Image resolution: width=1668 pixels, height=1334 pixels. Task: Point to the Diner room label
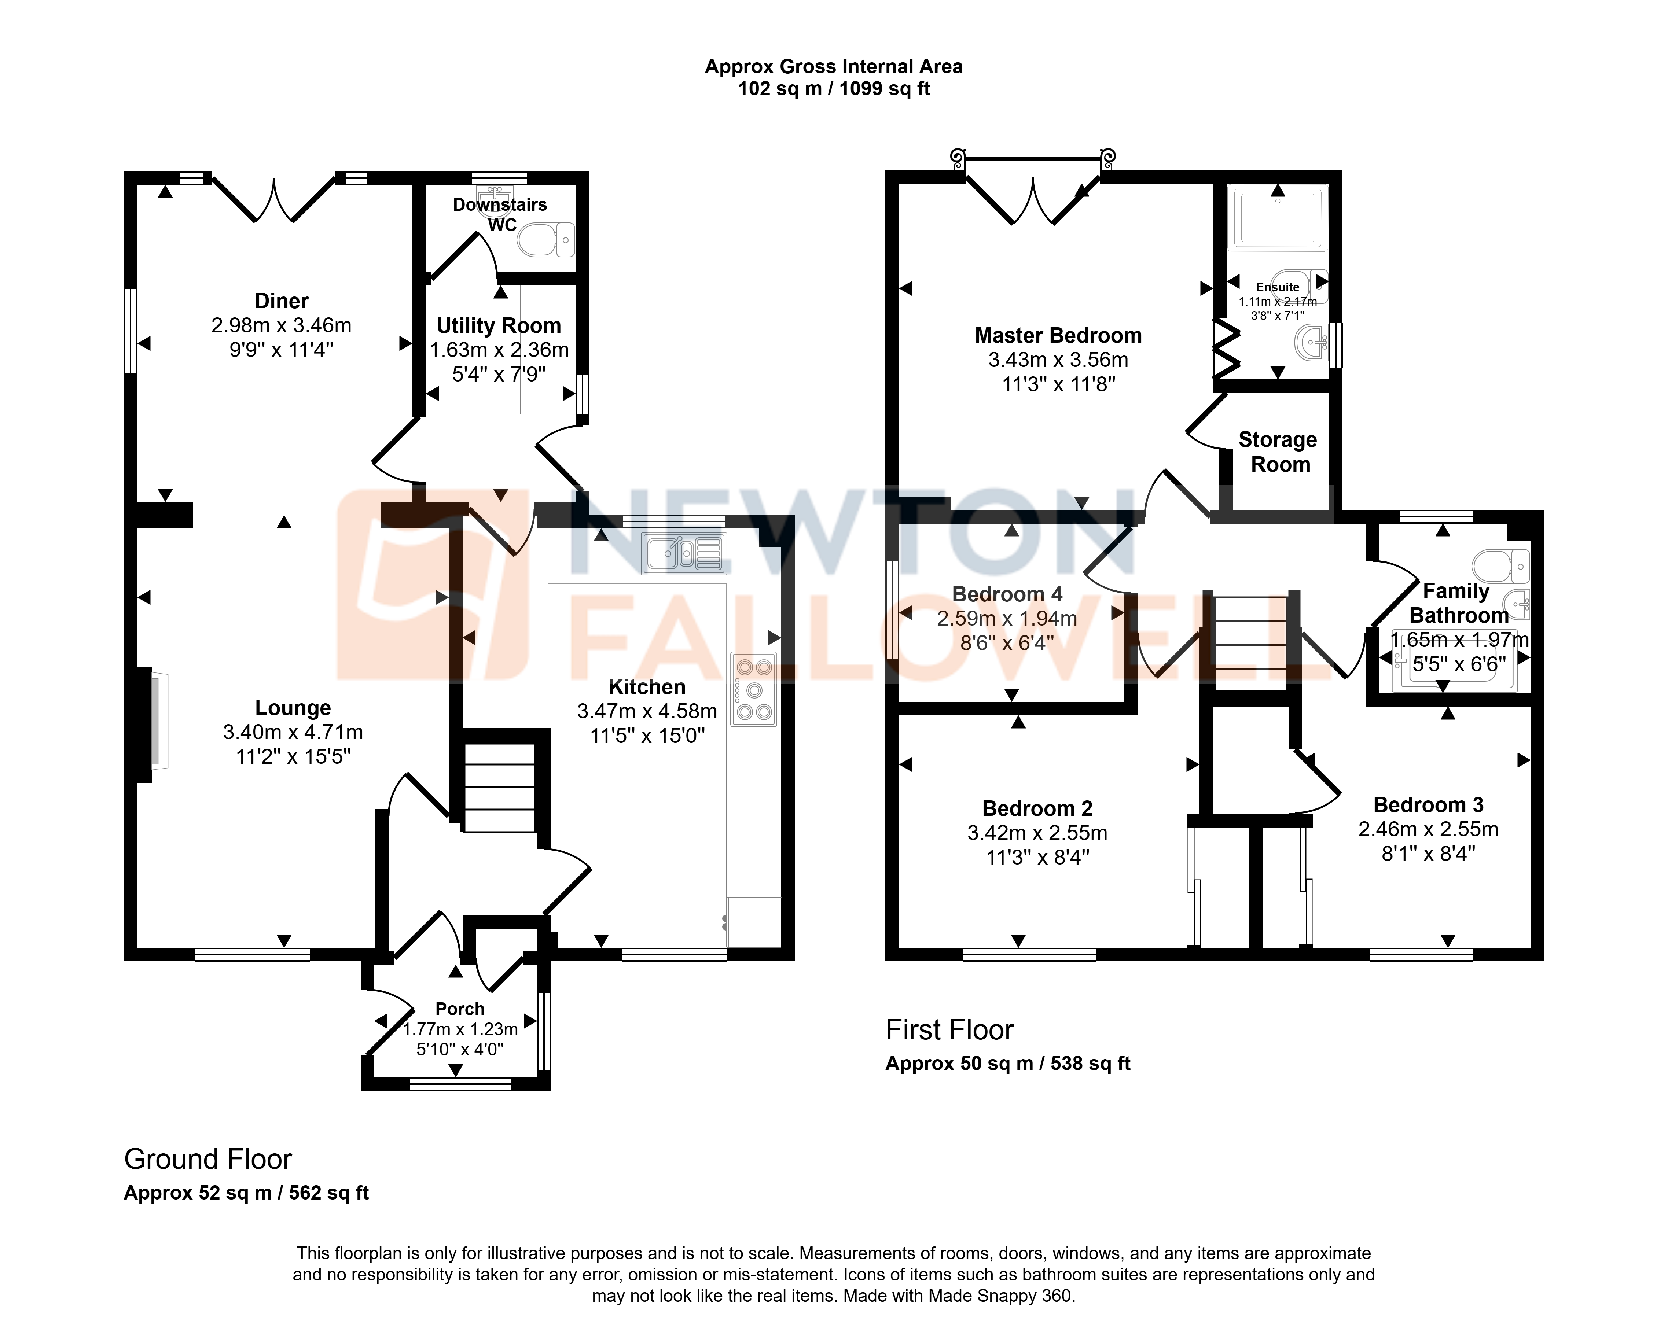[x=282, y=301]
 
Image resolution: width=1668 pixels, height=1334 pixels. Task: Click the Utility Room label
[x=499, y=325]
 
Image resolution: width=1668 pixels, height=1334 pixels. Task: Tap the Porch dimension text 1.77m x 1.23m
[x=460, y=1029]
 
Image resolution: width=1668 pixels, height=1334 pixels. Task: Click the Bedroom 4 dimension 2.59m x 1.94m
[x=1007, y=619]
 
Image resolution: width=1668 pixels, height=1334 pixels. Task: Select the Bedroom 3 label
[x=1428, y=805]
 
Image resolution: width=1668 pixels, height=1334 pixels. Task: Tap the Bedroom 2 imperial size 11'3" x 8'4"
[x=1037, y=857]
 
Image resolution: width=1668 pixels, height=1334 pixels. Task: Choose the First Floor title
[x=949, y=1030]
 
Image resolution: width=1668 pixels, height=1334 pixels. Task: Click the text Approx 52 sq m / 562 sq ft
[x=246, y=1193]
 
